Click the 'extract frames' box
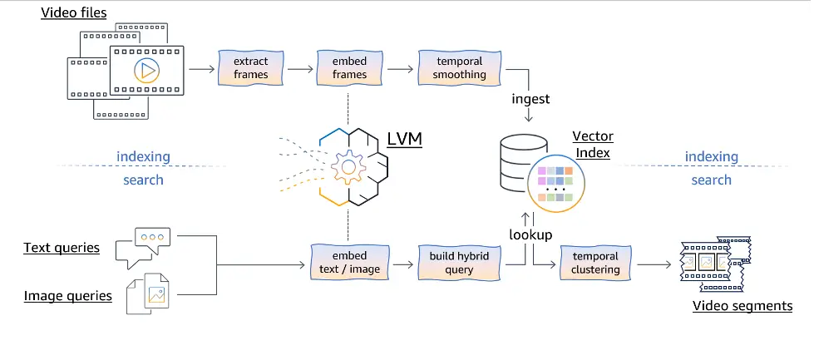(251, 68)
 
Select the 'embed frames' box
(349, 68)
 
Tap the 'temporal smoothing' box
(460, 68)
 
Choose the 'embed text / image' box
(349, 263)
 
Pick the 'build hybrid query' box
(460, 263)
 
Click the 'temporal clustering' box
(595, 263)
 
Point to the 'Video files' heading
(74, 12)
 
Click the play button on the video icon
(146, 70)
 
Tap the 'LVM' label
(404, 139)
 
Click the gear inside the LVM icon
(348, 167)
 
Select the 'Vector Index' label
(593, 145)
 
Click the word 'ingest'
(530, 99)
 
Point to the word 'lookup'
(530, 234)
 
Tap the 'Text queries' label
(62, 248)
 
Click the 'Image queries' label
(68, 296)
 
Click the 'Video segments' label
(742, 305)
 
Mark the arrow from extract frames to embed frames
(300, 68)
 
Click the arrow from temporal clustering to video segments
(654, 264)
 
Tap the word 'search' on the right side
(711, 180)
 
